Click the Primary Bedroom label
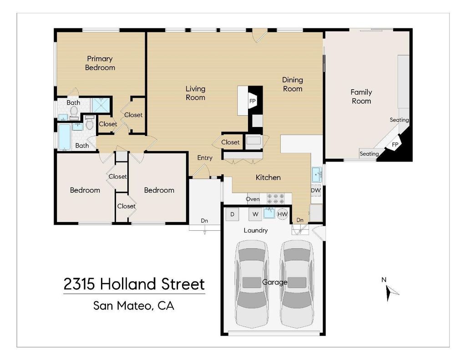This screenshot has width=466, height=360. (100, 63)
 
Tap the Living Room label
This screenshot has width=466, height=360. (195, 93)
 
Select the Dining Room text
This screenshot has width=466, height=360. (293, 84)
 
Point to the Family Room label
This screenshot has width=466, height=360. (361, 96)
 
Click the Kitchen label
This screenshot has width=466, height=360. (268, 177)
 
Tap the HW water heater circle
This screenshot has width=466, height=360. (282, 214)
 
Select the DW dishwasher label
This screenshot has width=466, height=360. (316, 190)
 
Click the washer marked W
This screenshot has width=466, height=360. (255, 214)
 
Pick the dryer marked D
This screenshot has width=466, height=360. (233, 214)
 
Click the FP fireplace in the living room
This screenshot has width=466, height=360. (252, 101)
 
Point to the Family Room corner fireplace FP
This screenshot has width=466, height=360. (395, 145)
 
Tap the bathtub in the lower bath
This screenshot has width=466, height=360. (65, 137)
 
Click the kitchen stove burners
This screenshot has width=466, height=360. (275, 199)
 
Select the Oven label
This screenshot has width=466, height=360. (253, 199)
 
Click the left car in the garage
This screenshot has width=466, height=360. (252, 284)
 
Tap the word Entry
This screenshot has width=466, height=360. (205, 158)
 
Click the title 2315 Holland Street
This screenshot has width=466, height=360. (134, 284)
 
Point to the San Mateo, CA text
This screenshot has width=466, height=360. (134, 305)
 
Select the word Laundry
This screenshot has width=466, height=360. (256, 230)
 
